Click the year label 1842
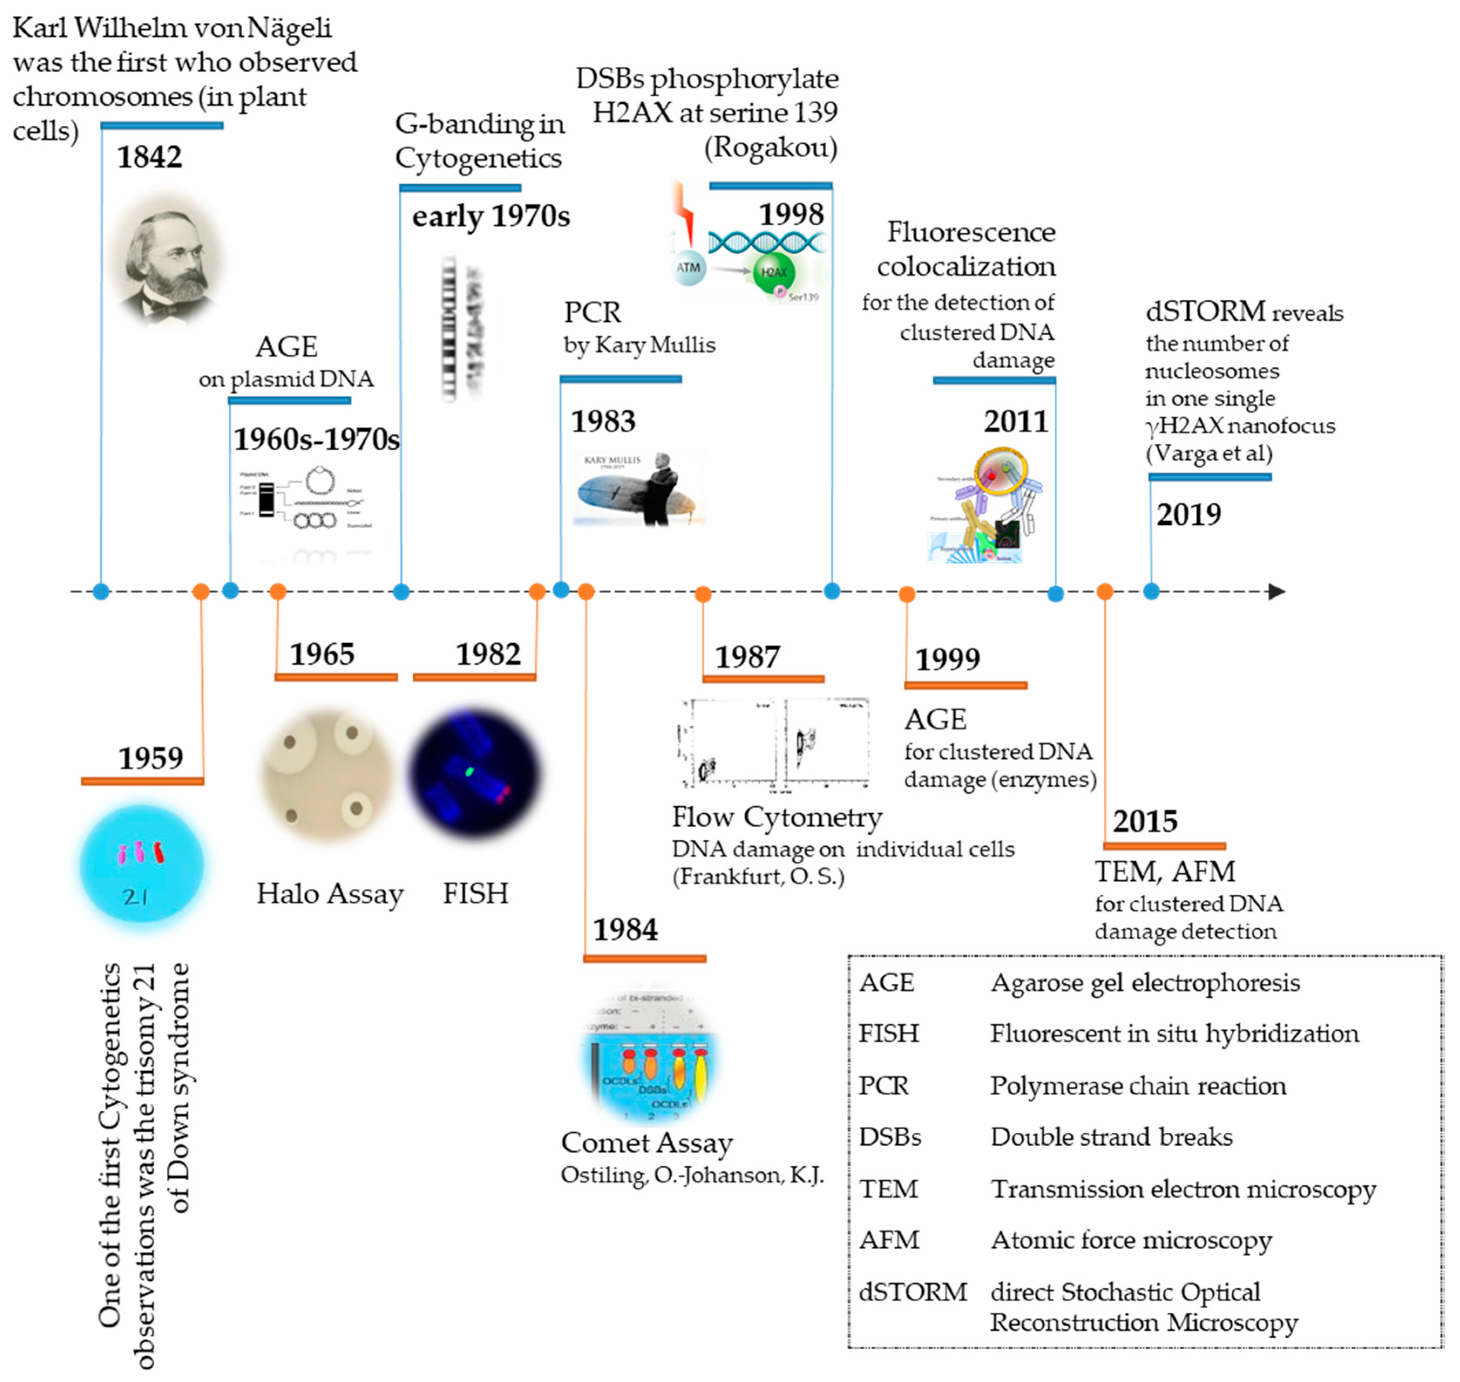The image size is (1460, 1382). [149, 157]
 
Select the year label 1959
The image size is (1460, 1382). [151, 758]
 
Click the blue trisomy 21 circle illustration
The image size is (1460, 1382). [142, 863]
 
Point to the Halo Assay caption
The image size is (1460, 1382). [330, 893]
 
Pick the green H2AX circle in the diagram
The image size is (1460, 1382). [774, 272]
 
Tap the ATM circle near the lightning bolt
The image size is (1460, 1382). [688, 268]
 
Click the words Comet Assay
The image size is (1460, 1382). [647, 1143]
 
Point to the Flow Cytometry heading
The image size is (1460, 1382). [776, 817]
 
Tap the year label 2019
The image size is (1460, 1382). [1188, 514]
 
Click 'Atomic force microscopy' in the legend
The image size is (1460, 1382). [1131, 1240]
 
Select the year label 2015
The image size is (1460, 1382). [1145, 822]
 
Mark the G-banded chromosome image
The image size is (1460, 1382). [460, 328]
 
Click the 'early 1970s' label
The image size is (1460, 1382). [491, 217]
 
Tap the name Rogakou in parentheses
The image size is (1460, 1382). [771, 147]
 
